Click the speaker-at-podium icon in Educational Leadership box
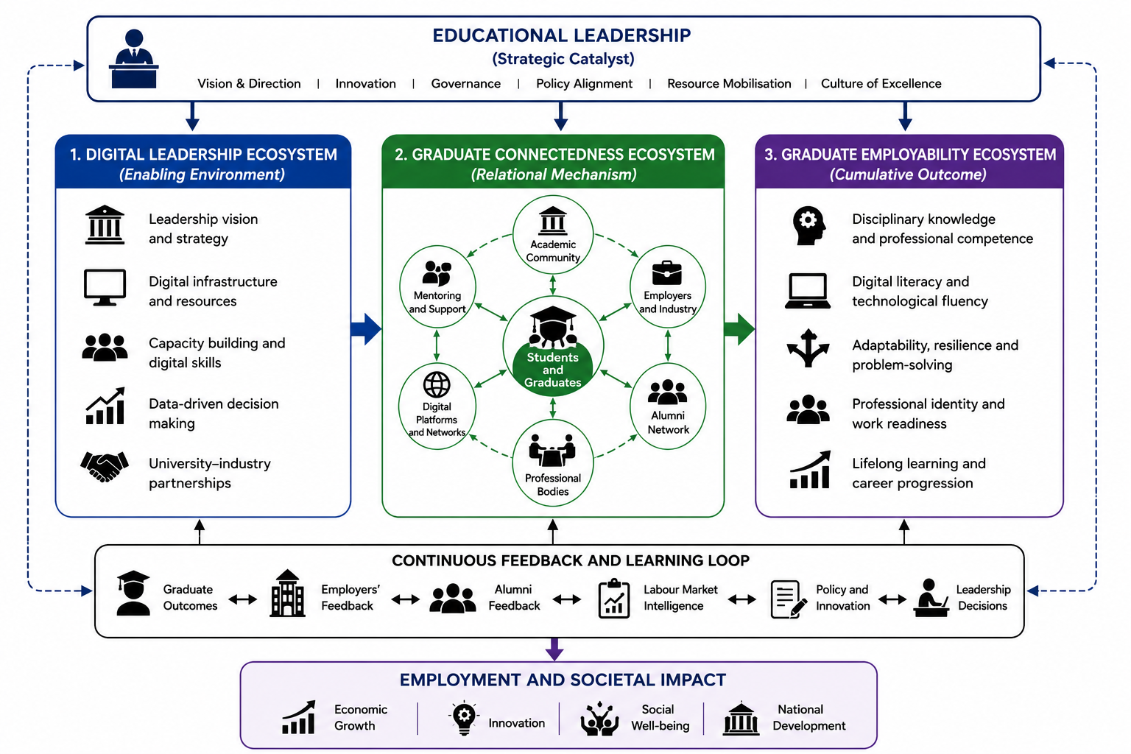click(x=134, y=59)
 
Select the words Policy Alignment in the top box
click(x=584, y=84)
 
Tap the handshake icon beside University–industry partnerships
click(x=105, y=467)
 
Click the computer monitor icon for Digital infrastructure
click(x=105, y=287)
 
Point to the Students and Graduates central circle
click(x=553, y=347)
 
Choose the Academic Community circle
click(x=553, y=236)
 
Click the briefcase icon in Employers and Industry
click(x=667, y=273)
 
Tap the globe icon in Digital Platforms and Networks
click(x=437, y=385)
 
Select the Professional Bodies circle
click(x=553, y=462)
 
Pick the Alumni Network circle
click(x=668, y=406)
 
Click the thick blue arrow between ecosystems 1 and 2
click(x=366, y=329)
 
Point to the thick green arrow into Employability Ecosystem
click(x=740, y=329)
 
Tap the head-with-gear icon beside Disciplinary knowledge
click(x=808, y=226)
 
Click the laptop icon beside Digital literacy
click(x=808, y=291)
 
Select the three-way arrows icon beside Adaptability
click(x=808, y=348)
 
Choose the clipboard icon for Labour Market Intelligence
click(x=614, y=599)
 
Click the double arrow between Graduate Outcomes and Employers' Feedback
click(x=243, y=599)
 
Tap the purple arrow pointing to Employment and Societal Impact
click(x=554, y=649)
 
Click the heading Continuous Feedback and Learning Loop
click(x=571, y=560)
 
